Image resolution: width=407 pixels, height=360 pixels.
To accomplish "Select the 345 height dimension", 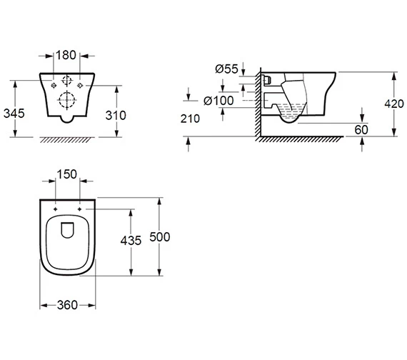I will (x=15, y=112).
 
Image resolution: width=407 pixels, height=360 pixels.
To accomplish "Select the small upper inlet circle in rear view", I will (x=67, y=80).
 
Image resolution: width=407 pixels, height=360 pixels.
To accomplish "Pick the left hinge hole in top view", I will (x=56, y=209).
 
